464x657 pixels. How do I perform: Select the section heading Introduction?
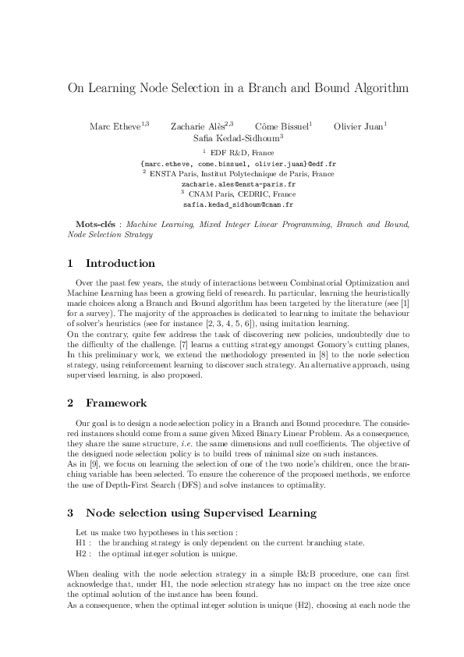(x=120, y=263)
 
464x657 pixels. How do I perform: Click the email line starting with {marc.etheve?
(x=232, y=164)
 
